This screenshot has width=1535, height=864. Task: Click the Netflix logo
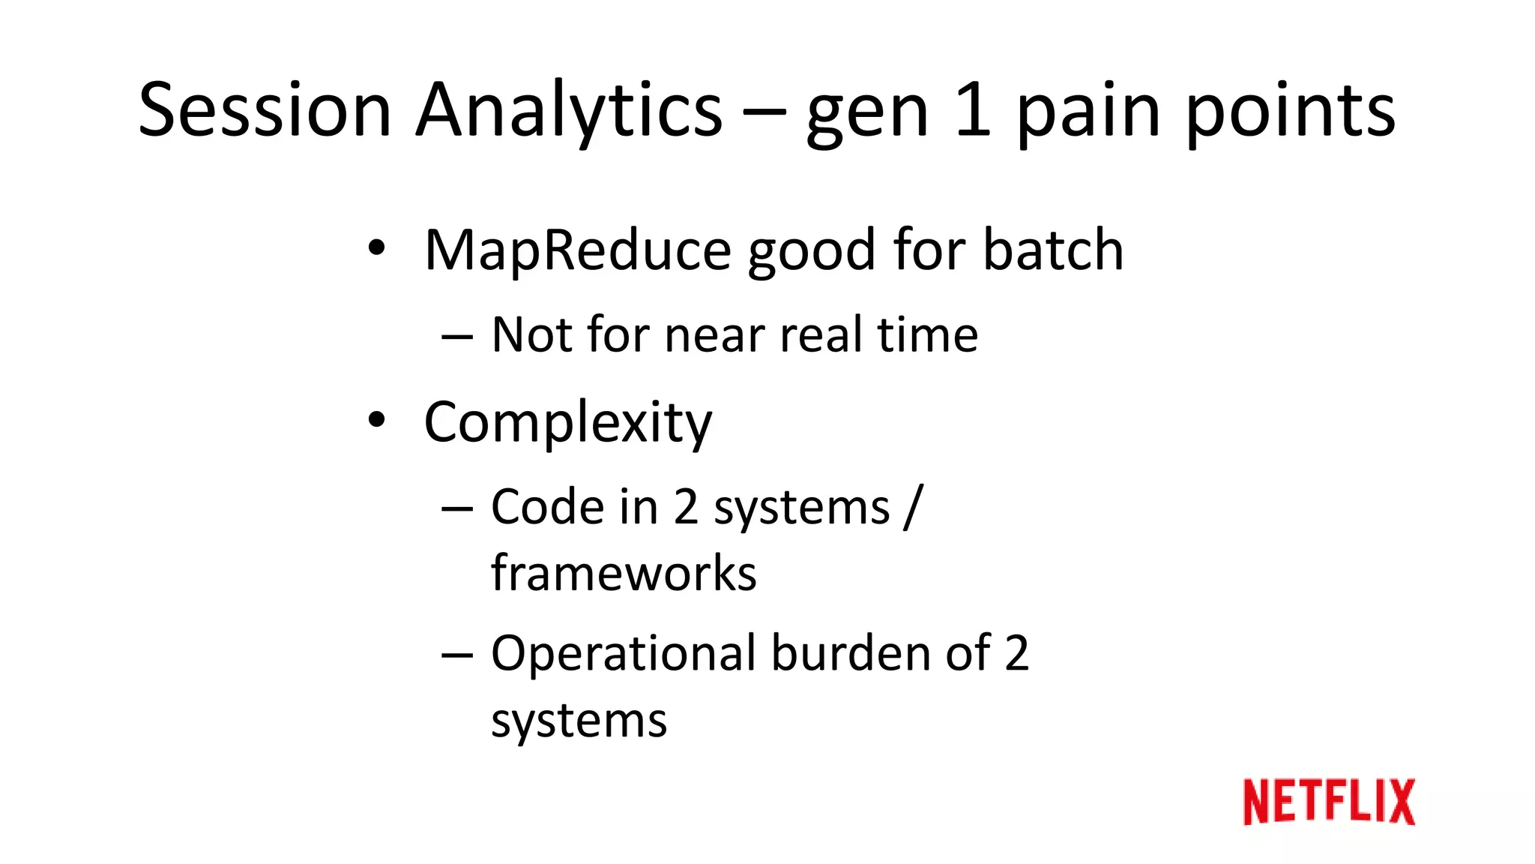[1328, 802]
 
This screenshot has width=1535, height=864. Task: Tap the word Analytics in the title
[570, 111]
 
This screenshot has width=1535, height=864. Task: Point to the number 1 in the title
[973, 111]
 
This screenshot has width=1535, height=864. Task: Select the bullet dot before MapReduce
[376, 247]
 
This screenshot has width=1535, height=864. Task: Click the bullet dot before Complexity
[376, 421]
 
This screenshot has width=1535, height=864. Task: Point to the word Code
[547, 507]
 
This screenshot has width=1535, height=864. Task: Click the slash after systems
[913, 508]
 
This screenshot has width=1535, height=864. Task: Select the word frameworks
[624, 574]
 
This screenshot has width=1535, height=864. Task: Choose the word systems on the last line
[579, 721]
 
